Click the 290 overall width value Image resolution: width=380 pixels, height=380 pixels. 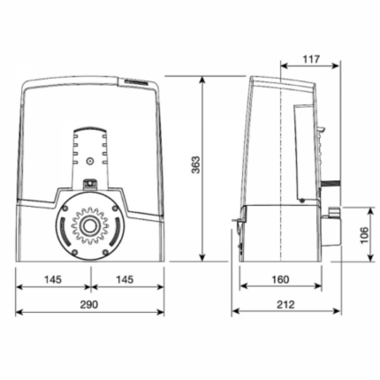(x=89, y=305)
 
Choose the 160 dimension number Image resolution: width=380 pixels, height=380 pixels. (x=281, y=279)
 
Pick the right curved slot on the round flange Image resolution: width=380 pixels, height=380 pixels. (x=117, y=226)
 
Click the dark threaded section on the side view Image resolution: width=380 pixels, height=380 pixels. (x=327, y=185)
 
